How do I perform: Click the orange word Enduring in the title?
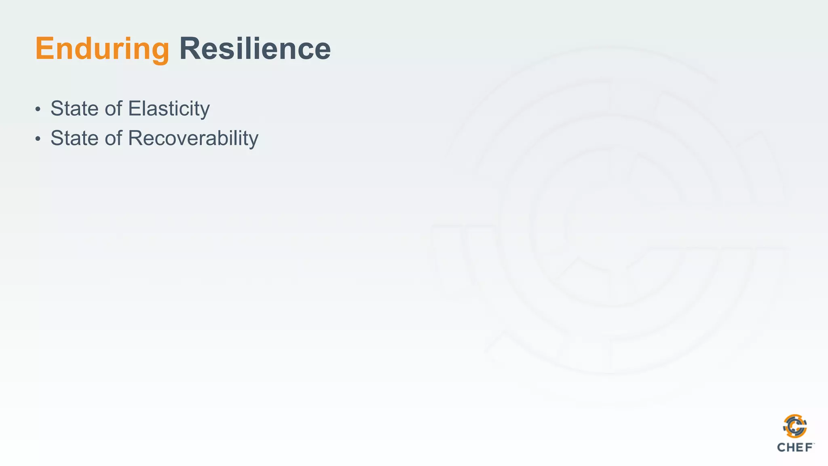pyautogui.click(x=102, y=49)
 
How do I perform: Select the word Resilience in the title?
pyautogui.click(x=255, y=49)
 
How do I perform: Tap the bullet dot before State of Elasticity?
pyautogui.click(x=38, y=109)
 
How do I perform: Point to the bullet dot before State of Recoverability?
pyautogui.click(x=38, y=139)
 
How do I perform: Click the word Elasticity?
pyautogui.click(x=169, y=108)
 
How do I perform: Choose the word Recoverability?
pyautogui.click(x=193, y=138)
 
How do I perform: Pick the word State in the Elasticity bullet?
pyautogui.click(x=74, y=108)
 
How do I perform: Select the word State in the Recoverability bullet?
pyautogui.click(x=74, y=138)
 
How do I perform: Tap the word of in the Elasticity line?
pyautogui.click(x=114, y=108)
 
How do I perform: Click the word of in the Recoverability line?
pyautogui.click(x=114, y=138)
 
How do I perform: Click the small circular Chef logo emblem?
pyautogui.click(x=795, y=426)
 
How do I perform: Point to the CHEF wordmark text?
pyautogui.click(x=795, y=447)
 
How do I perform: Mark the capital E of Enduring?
pyautogui.click(x=45, y=49)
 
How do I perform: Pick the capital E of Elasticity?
pyautogui.click(x=135, y=108)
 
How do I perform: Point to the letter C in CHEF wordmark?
pyautogui.click(x=782, y=447)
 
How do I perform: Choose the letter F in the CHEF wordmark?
pyautogui.click(x=809, y=447)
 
